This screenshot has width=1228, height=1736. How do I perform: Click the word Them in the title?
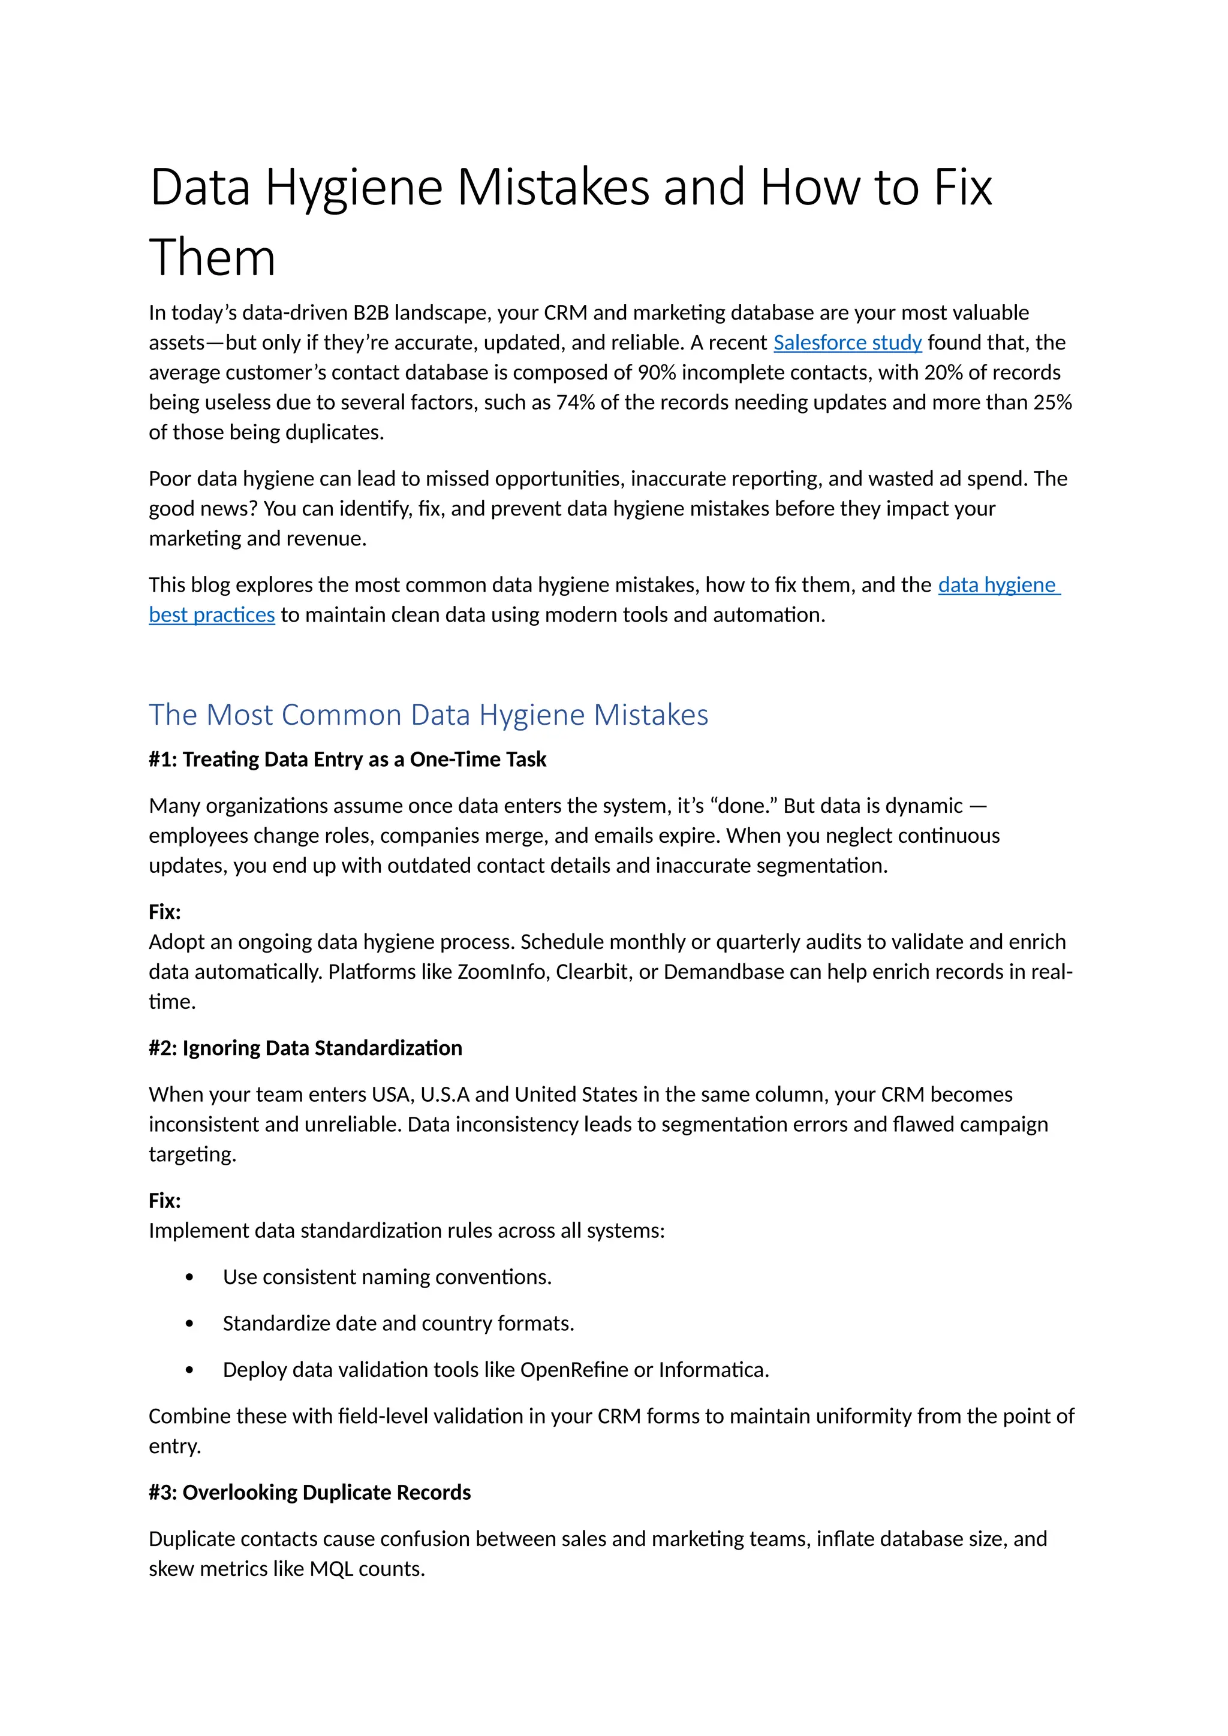[212, 257]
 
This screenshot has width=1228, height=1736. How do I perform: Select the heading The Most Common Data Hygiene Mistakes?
[428, 715]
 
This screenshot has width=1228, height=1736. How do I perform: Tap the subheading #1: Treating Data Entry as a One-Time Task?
[347, 759]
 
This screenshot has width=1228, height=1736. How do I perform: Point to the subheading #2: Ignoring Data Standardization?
[305, 1048]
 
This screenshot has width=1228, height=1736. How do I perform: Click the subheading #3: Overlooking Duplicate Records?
[309, 1493]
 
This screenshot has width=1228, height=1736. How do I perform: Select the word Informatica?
[713, 1370]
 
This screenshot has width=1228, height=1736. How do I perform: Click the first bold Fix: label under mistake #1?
[165, 912]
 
